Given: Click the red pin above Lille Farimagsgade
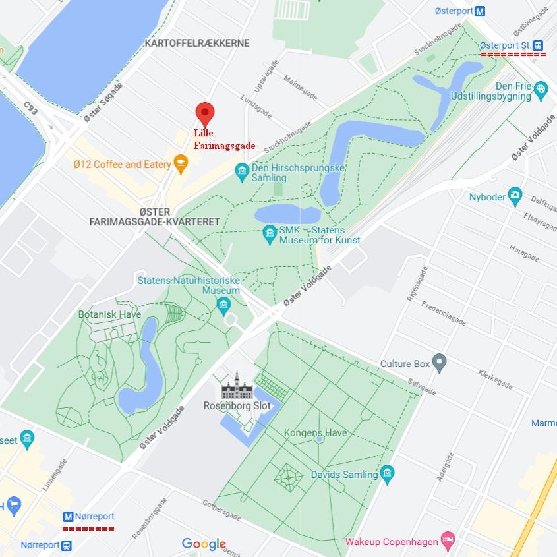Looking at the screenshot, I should click(204, 114).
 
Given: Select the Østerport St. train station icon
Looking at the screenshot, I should click(539, 45).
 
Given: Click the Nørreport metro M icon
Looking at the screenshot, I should click(68, 517).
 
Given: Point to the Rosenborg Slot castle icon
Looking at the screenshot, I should click(237, 386).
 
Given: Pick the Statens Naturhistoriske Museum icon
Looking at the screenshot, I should click(223, 304).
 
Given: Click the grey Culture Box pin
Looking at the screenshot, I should click(440, 363).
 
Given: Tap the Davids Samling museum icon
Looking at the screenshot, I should click(387, 473).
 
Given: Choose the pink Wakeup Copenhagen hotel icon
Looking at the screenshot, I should click(448, 541).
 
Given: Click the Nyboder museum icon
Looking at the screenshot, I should click(515, 196).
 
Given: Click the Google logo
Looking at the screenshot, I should click(204, 544).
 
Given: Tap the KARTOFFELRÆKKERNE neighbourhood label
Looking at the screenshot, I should click(197, 43).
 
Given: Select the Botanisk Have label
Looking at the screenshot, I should click(109, 314).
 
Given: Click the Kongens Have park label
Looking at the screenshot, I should click(315, 433).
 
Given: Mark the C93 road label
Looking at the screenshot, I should click(31, 107).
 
